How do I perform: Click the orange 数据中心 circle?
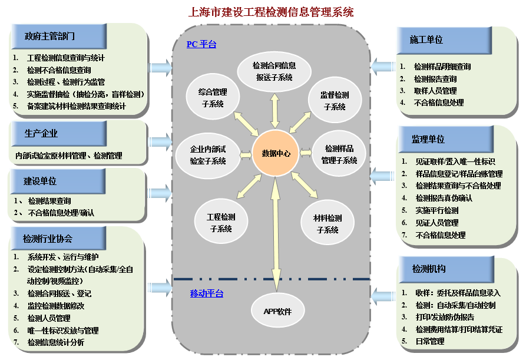(x=276, y=153)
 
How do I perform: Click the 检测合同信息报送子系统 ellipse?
(x=274, y=71)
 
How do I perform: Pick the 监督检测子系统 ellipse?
(x=334, y=101)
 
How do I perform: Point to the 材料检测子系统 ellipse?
(x=328, y=223)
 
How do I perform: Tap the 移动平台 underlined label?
(x=206, y=293)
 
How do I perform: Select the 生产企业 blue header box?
(x=41, y=134)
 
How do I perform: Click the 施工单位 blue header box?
(x=426, y=39)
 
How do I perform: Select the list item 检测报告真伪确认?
(x=444, y=198)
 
